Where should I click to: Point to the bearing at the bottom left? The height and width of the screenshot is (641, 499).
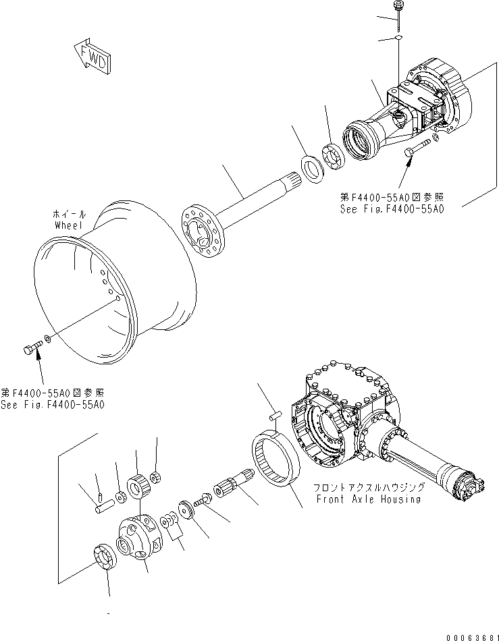pyautogui.click(x=105, y=557)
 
